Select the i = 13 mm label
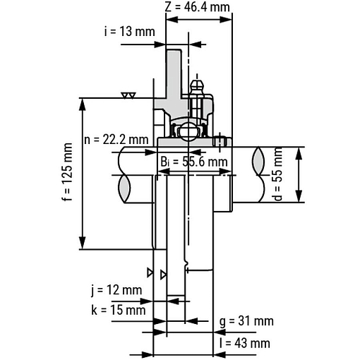click(x=129, y=31)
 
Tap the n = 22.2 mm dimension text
click(x=116, y=138)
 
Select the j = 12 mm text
click(x=116, y=290)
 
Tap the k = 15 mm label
click(x=118, y=309)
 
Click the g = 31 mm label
click(x=246, y=321)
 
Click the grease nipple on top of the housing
click(x=198, y=88)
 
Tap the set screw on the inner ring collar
click(x=222, y=140)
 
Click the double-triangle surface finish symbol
click(x=128, y=95)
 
